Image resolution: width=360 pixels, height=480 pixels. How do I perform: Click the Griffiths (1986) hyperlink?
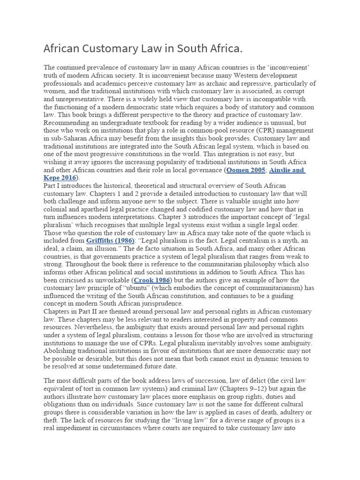tap(110, 240)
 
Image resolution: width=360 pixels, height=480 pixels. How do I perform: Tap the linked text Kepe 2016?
tap(60, 178)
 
